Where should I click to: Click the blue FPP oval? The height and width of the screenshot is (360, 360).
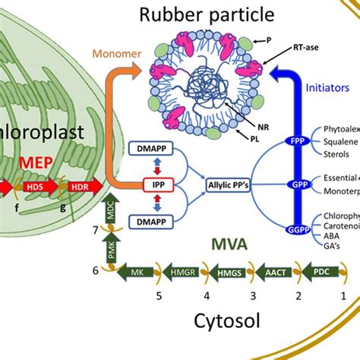click(298, 142)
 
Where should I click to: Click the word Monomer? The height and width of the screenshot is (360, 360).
click(113, 54)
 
